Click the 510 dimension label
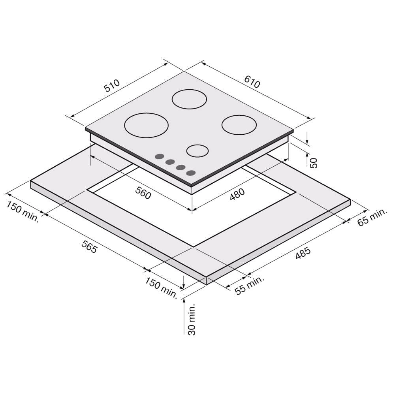pyautogui.click(x=112, y=86)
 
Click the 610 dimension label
pyautogui.click(x=252, y=82)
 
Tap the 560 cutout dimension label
pyautogui.click(x=143, y=193)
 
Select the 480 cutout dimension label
pyautogui.click(x=237, y=194)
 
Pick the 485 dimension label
pyautogui.click(x=303, y=253)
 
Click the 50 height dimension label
pyautogui.click(x=313, y=163)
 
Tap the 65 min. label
pyautogui.click(x=372, y=217)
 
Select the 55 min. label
pyautogui.click(x=249, y=285)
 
